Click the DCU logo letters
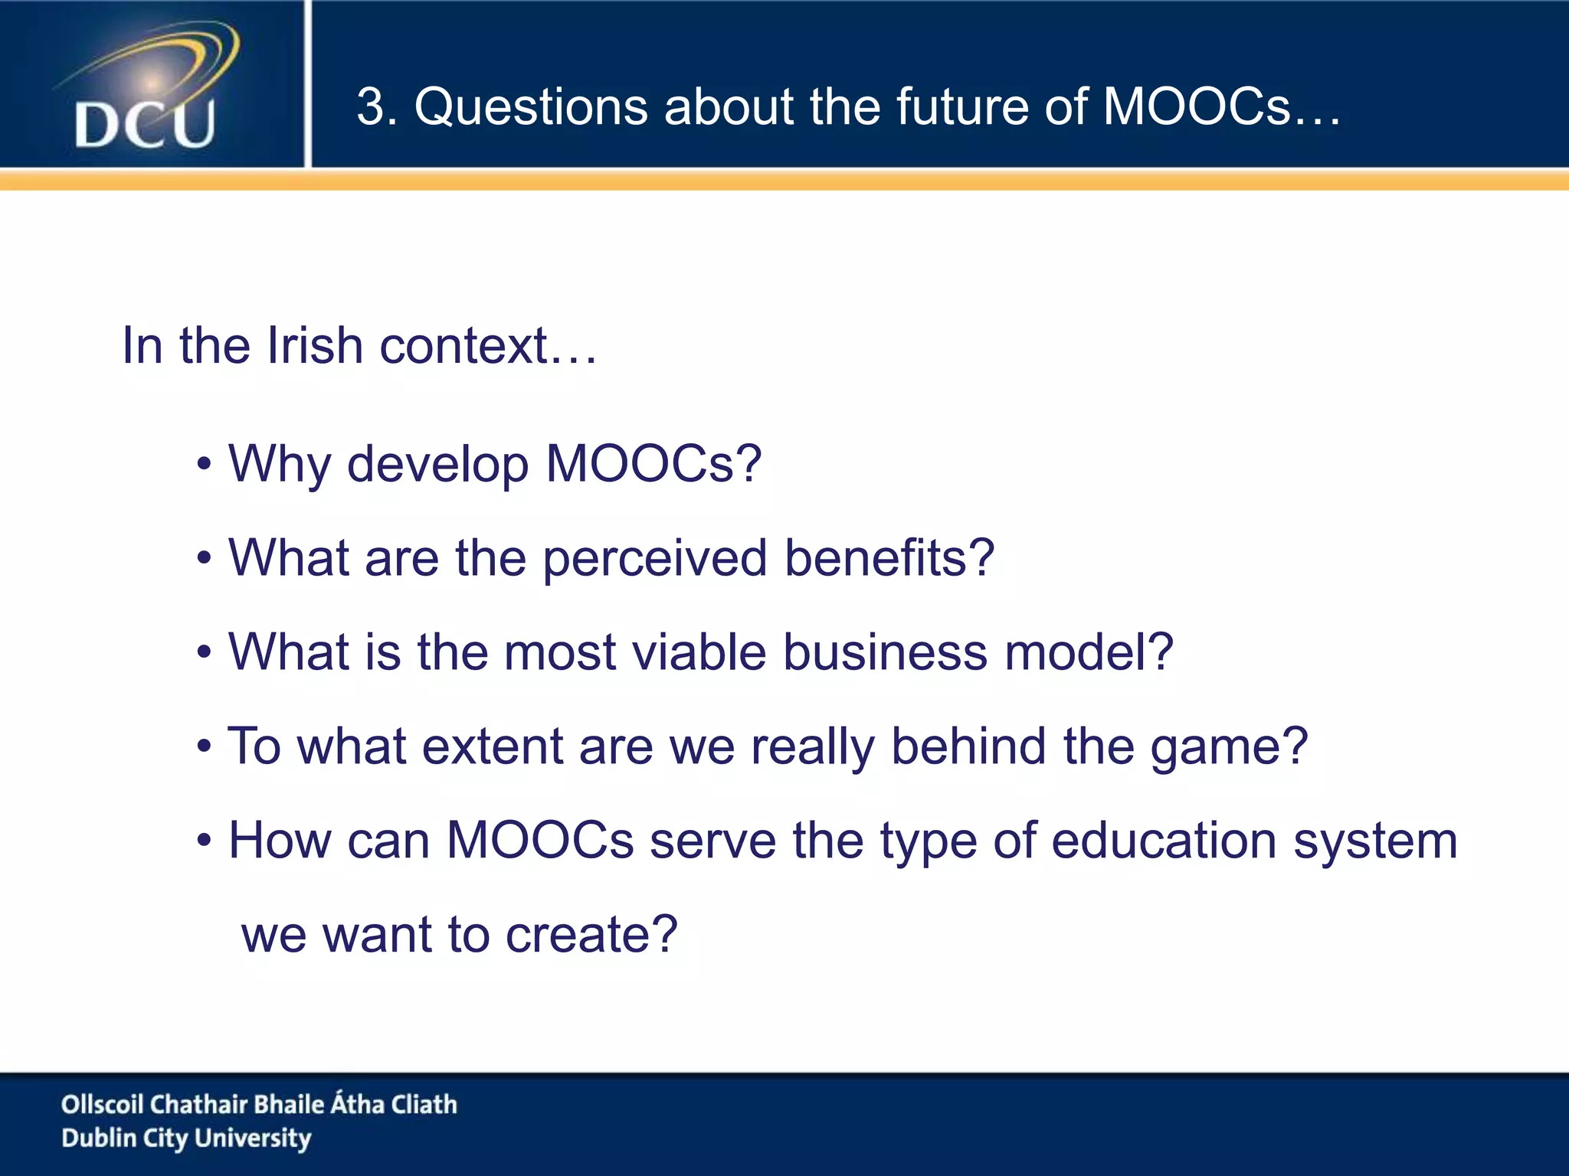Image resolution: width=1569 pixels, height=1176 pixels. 145,125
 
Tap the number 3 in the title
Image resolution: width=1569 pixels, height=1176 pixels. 370,106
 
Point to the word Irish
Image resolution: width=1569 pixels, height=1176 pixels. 315,346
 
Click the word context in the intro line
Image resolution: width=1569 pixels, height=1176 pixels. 463,346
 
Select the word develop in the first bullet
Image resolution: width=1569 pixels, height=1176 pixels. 437,465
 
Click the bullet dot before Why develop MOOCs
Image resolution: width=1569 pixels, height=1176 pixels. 204,465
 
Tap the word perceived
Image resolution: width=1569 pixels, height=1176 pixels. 655,559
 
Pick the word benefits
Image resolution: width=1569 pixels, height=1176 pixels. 889,559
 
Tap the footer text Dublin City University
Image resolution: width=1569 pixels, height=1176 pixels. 186,1138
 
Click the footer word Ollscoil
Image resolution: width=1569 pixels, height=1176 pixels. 103,1104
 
